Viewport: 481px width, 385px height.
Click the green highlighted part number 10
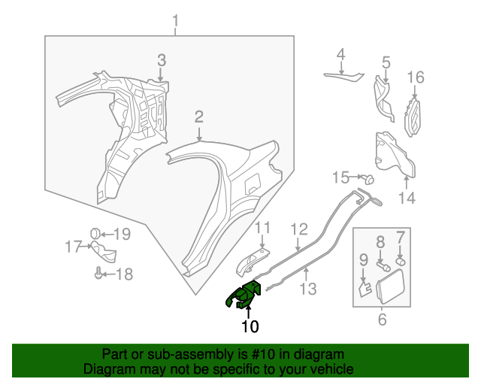(x=242, y=294)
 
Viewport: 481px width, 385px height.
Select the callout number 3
(x=161, y=59)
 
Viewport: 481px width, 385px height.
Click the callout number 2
(x=198, y=117)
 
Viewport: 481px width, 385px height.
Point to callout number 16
(x=416, y=77)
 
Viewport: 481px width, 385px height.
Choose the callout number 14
(x=407, y=199)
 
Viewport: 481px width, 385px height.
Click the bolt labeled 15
(x=369, y=179)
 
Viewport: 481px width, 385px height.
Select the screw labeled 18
(x=99, y=274)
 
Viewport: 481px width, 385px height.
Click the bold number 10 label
(x=250, y=326)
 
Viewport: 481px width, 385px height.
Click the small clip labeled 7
(x=401, y=261)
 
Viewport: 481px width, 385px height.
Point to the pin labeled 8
(x=383, y=265)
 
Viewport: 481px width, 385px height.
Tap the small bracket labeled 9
(x=365, y=286)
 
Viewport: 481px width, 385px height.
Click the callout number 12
(x=299, y=229)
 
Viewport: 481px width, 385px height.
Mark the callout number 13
(x=308, y=288)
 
